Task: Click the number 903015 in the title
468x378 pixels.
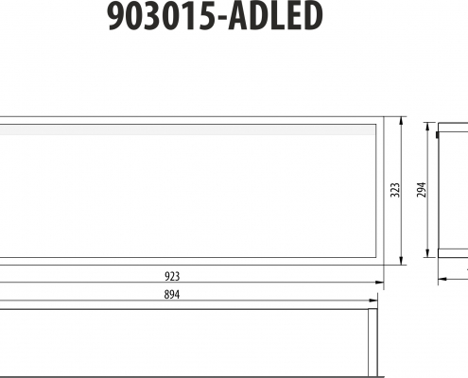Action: (x=163, y=16)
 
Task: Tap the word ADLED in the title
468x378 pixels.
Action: (x=275, y=16)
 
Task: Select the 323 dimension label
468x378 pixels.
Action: (x=395, y=190)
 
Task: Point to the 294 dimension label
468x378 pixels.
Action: (x=422, y=190)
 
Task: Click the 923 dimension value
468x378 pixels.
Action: (x=172, y=276)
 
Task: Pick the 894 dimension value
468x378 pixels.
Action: (x=172, y=295)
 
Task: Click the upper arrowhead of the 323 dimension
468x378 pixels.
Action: (x=401, y=121)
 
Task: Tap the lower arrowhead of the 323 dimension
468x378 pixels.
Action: (x=401, y=261)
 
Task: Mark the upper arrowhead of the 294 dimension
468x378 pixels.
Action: (x=427, y=127)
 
